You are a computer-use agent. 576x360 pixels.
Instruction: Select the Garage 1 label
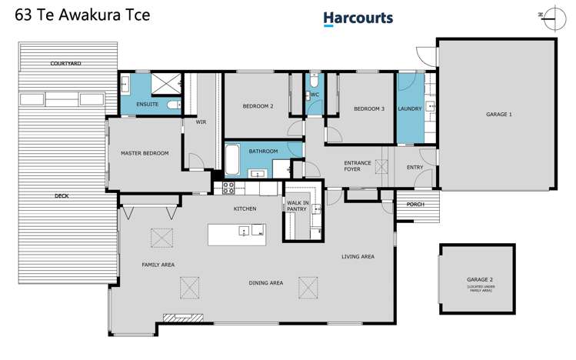click(498, 114)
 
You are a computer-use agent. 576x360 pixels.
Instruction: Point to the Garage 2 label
click(480, 280)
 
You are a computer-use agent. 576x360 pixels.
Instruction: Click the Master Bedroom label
click(144, 153)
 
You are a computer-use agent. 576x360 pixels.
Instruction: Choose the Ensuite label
click(147, 104)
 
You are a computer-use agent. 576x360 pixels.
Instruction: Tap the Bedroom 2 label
click(258, 107)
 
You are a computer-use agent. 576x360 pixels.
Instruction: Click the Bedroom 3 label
click(368, 108)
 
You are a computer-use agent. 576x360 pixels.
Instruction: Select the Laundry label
click(409, 108)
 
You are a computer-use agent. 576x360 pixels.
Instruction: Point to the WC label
click(314, 95)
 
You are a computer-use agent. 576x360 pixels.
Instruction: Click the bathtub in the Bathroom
click(234, 161)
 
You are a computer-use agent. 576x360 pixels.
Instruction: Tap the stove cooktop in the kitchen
click(228, 187)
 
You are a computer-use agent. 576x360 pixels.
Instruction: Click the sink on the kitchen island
click(244, 230)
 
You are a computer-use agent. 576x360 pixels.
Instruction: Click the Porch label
click(415, 204)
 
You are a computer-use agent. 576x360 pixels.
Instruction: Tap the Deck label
click(62, 196)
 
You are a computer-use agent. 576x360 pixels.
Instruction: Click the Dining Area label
click(265, 283)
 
